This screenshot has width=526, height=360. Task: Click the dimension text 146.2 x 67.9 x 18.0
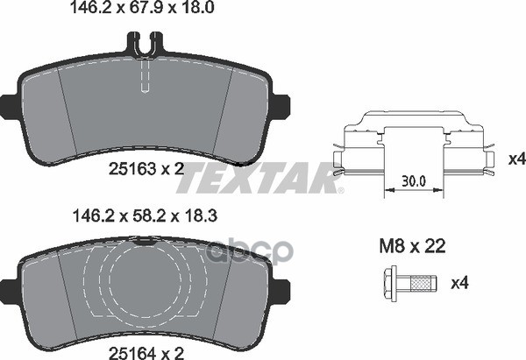pyautogui.click(x=141, y=7)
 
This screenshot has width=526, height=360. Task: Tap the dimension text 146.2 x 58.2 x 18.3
pyautogui.click(x=145, y=215)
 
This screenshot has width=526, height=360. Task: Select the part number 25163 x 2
pyautogui.click(x=146, y=170)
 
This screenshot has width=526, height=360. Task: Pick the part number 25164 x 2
pyautogui.click(x=146, y=353)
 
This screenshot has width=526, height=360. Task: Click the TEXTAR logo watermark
pyautogui.click(x=259, y=178)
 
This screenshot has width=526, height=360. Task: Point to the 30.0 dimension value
pyautogui.click(x=414, y=181)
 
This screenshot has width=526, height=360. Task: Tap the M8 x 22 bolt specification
pyautogui.click(x=412, y=246)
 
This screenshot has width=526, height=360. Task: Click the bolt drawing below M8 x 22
pyautogui.click(x=410, y=284)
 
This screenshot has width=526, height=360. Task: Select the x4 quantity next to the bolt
pyautogui.click(x=460, y=284)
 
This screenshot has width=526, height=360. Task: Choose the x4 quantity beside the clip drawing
pyautogui.click(x=517, y=159)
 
